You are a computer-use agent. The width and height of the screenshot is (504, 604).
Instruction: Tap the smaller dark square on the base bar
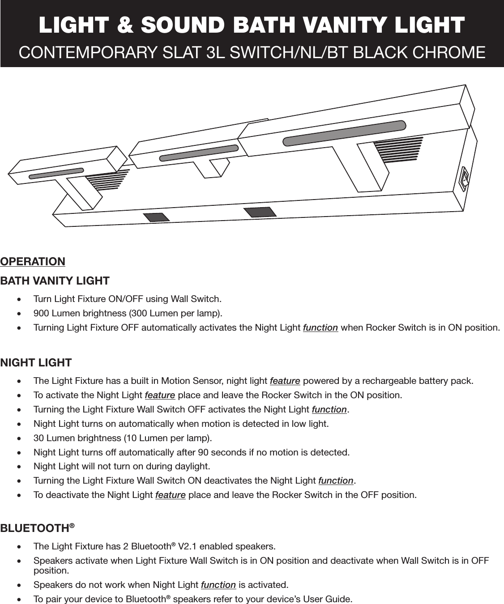(156, 217)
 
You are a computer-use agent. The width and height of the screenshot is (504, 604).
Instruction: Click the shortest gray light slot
(56, 173)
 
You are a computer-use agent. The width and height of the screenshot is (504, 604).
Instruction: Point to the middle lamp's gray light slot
(199, 152)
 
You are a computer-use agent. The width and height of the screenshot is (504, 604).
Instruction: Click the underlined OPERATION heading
(33, 261)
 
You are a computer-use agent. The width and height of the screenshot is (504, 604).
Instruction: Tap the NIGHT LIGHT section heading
(36, 362)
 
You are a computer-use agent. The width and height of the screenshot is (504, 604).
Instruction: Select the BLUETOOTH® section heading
(37, 528)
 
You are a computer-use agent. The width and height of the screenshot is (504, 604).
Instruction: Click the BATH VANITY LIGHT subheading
(55, 281)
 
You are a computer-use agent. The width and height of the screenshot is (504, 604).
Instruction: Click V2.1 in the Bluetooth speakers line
(188, 547)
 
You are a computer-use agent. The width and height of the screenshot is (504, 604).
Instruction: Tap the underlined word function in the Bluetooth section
(218, 585)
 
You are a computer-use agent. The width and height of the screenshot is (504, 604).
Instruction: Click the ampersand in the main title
(125, 25)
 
